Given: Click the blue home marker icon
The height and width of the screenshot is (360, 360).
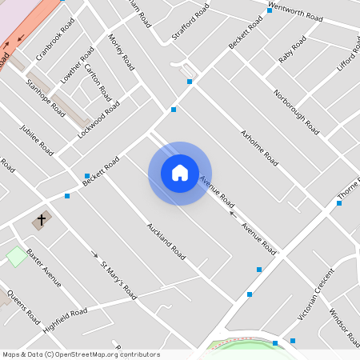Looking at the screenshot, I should tap(180, 173).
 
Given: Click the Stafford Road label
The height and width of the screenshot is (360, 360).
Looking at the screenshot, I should tap(190, 22).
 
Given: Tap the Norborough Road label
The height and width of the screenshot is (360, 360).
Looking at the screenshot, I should tap(295, 111).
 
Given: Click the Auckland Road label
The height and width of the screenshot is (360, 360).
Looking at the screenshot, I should tap(166, 241).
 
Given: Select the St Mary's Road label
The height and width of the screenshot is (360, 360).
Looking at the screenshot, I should tap(118, 280).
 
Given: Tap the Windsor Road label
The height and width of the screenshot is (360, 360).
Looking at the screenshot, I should tap(345, 323).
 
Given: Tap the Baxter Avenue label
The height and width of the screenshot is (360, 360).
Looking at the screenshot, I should tap(43, 267).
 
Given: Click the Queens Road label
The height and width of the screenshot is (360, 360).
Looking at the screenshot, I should tap(23, 307).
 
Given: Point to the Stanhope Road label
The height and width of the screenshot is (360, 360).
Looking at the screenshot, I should tap(46, 98).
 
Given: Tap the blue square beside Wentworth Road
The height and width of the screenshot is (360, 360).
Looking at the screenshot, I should tap(269, 10).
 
